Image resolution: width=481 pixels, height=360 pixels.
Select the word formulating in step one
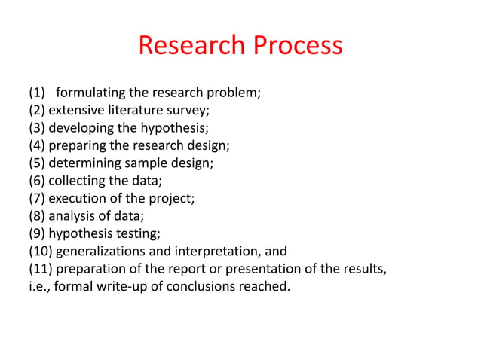tap(93, 94)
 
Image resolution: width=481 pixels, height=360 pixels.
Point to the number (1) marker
tap(37, 94)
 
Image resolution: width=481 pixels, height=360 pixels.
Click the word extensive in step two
tap(78, 110)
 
